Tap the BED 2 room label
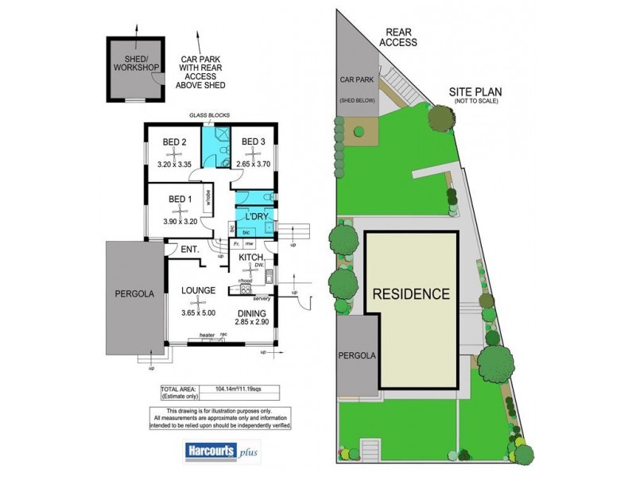pyautogui.click(x=174, y=142)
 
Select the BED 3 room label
pyautogui.click(x=253, y=142)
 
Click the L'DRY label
pyautogui.click(x=255, y=216)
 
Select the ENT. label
pyautogui.click(x=189, y=250)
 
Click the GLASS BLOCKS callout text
pyautogui.click(x=208, y=116)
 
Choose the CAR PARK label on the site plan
pyautogui.click(x=356, y=80)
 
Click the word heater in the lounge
pyautogui.click(x=207, y=335)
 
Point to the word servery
pyautogui.click(x=263, y=298)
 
